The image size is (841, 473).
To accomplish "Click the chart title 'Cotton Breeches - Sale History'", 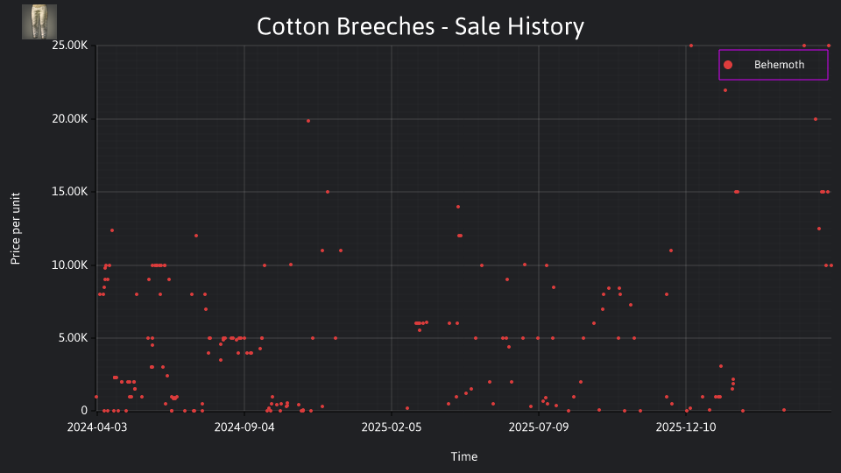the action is (420, 27).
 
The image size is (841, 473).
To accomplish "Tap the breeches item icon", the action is (39, 22).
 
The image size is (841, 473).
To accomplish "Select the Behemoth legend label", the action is (779, 65).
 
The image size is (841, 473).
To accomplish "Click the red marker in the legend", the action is (728, 65).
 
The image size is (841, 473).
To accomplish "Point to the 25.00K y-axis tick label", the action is (70, 46).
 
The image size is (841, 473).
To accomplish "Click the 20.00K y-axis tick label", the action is (70, 119).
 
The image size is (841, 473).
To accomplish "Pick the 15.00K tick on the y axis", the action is (70, 192).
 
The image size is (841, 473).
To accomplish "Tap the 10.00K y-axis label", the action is (70, 265).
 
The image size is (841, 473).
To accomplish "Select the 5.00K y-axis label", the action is (73, 338).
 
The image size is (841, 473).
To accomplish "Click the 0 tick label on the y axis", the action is (84, 411).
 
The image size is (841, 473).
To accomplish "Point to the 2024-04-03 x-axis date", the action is (97, 427).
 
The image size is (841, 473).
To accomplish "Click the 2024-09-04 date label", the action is (244, 427).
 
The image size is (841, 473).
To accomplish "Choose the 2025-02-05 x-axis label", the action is (392, 427).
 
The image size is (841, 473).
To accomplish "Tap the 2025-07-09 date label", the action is (539, 427).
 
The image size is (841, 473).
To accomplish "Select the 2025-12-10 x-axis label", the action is (686, 427).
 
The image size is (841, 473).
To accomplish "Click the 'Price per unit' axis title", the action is (16, 229).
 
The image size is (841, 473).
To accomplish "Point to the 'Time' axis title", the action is (464, 457).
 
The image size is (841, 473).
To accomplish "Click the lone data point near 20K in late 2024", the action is (308, 121).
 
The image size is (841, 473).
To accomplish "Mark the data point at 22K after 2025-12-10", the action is (725, 90).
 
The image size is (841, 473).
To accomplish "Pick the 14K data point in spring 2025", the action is (458, 207).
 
